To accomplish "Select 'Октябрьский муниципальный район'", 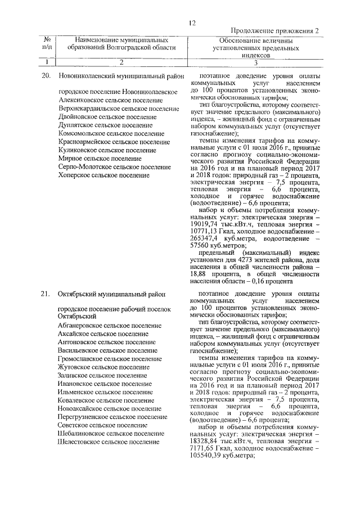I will (x=110, y=295).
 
